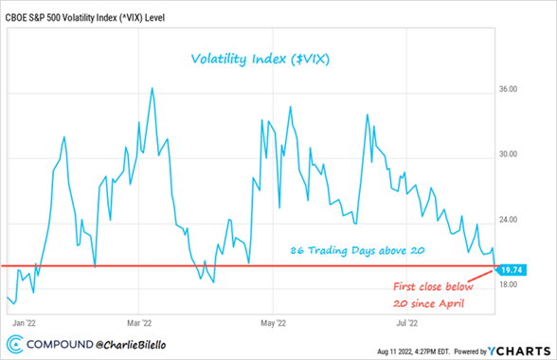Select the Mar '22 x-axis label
click(139, 321)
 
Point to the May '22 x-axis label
click(273, 321)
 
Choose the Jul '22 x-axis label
click(407, 321)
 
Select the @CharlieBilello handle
click(150, 345)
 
